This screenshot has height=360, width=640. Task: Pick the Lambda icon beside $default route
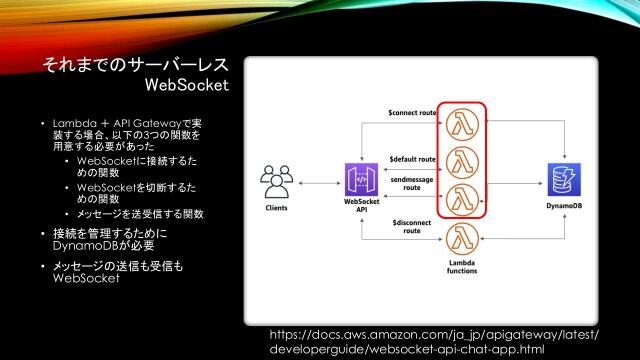[x=461, y=159]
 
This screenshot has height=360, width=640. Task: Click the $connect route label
[x=410, y=113]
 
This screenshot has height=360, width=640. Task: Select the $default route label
[x=412, y=159]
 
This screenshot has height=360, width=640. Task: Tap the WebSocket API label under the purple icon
[x=360, y=211]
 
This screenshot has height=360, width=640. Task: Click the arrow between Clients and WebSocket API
[x=317, y=183]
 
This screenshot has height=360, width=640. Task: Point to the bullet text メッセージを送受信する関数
[x=140, y=213]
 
